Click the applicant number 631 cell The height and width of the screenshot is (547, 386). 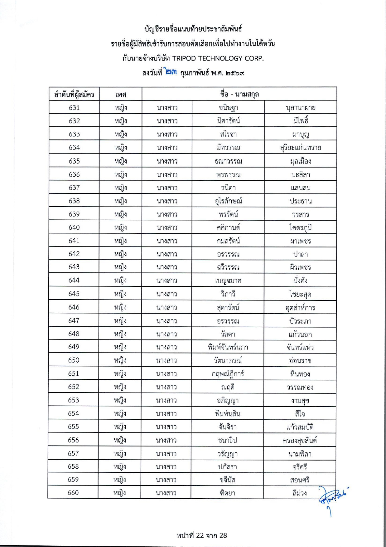point(74,108)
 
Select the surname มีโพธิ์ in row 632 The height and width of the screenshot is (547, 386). point(301,121)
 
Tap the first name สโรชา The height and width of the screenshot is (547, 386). point(228,134)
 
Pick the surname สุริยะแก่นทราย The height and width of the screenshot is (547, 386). point(301,148)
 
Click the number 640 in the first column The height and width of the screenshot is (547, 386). point(74,227)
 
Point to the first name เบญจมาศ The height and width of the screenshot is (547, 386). point(228,281)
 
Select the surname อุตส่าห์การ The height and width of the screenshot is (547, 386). point(300,308)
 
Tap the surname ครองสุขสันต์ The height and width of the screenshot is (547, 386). point(300,440)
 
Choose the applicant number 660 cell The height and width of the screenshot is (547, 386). point(73,493)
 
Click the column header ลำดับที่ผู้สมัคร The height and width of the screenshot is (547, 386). point(74,94)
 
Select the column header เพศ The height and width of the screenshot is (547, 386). point(121,94)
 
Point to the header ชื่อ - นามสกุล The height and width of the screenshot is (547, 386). point(239,94)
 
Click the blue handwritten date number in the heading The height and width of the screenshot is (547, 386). point(171,73)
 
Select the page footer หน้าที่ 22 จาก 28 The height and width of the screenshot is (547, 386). point(202,535)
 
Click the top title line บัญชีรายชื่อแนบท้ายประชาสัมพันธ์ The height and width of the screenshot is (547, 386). point(193,29)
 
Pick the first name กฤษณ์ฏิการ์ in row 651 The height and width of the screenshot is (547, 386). point(228,374)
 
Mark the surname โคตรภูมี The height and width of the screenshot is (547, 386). point(301,227)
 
